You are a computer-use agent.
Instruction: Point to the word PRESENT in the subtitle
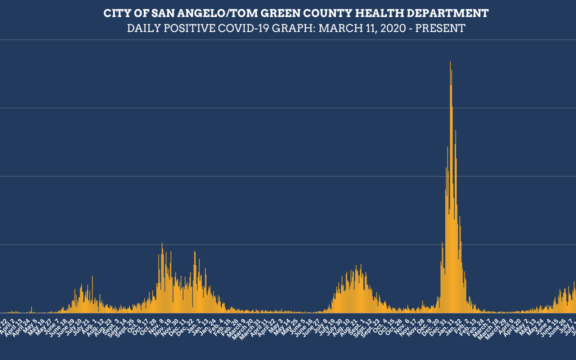[x=440, y=28]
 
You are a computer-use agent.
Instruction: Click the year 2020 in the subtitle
[x=393, y=28]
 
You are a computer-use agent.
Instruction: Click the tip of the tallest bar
[x=450, y=62]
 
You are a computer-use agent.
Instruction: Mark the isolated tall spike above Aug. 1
[x=92, y=276]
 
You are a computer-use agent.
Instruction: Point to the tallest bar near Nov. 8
[x=162, y=244]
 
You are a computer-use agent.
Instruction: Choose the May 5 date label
[x=32, y=324]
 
